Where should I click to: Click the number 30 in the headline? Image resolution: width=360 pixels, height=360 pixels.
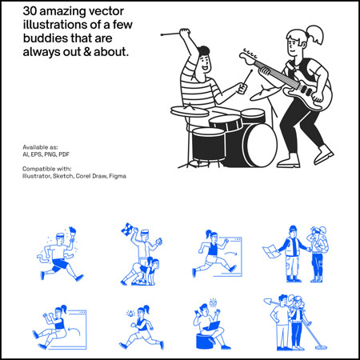click(x=30, y=11)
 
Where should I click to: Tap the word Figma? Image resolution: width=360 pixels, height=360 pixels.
click(x=118, y=176)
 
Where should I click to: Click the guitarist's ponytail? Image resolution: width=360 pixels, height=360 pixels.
click(x=315, y=34)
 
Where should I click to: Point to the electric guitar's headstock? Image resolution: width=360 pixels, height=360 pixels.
click(x=247, y=57)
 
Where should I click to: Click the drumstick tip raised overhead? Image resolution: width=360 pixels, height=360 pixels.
click(x=162, y=34)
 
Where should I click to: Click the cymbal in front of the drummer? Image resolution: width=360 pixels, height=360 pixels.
click(x=190, y=111)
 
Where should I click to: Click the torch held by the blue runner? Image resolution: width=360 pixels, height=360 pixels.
click(x=72, y=234)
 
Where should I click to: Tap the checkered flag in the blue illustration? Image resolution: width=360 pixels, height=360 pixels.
click(x=127, y=230)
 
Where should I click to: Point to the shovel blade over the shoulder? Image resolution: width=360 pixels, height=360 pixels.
click(x=268, y=302)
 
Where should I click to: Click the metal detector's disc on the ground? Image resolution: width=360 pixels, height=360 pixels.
click(x=321, y=347)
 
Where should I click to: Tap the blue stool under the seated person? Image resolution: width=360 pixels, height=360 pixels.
click(x=205, y=341)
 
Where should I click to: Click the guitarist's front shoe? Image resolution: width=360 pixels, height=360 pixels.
click(x=324, y=154)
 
